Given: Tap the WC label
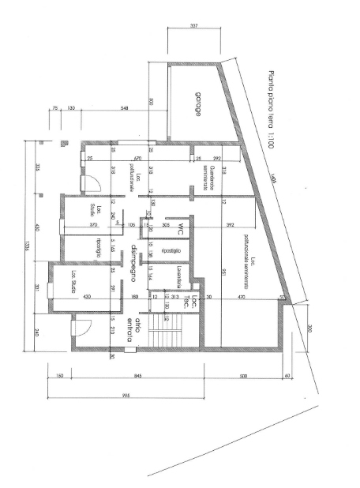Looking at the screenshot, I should click(181, 229).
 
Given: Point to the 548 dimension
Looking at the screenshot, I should click(124, 107).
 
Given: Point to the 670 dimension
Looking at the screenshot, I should click(137, 158).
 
